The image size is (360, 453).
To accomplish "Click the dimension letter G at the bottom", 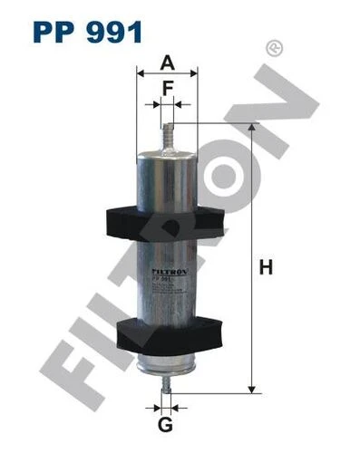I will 164,425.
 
